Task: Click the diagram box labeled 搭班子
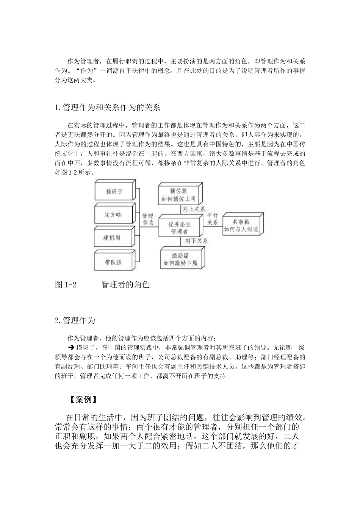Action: point(114,192)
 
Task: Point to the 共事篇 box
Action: point(241,226)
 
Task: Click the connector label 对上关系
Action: point(194,209)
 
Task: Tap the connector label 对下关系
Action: point(196,241)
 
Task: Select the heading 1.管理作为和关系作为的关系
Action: point(108,108)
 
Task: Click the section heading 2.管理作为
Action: point(75,320)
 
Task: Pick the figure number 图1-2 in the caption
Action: point(66,284)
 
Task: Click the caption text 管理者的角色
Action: point(125,284)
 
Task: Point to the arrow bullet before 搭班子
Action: point(71,347)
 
